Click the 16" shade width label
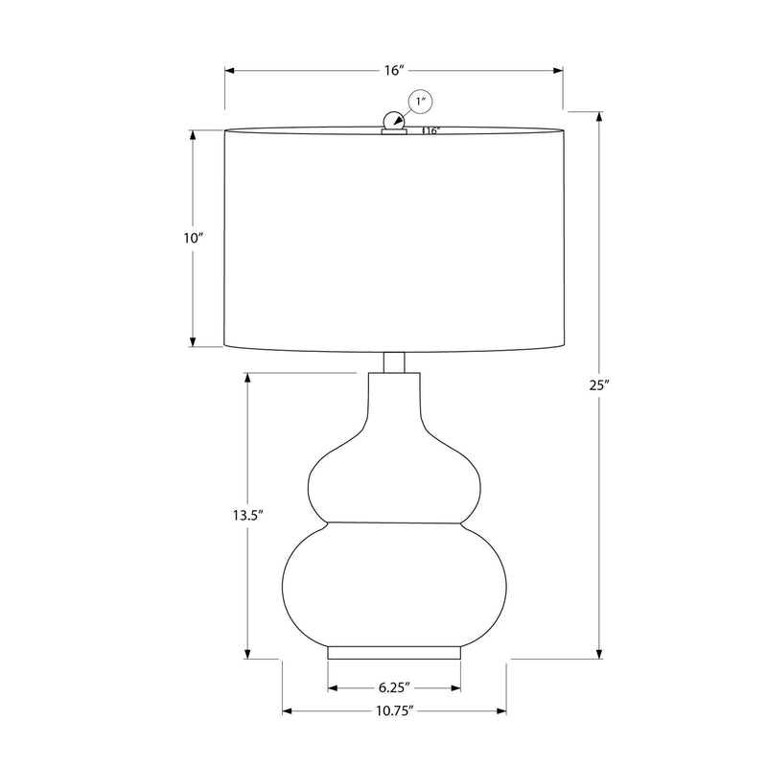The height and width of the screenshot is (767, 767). tap(393, 70)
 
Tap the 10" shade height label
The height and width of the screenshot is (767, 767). tap(194, 238)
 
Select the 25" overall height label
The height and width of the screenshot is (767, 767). tap(599, 385)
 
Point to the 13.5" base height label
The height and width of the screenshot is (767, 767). tap(248, 515)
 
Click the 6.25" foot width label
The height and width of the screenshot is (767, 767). tap(394, 687)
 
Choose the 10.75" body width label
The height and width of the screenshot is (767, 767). tap(395, 710)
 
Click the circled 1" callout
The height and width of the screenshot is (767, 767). tap(421, 103)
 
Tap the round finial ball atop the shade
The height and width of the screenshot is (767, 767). tap(393, 121)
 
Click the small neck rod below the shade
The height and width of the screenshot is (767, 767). tap(394, 362)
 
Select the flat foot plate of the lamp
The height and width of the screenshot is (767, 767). tap(394, 653)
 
